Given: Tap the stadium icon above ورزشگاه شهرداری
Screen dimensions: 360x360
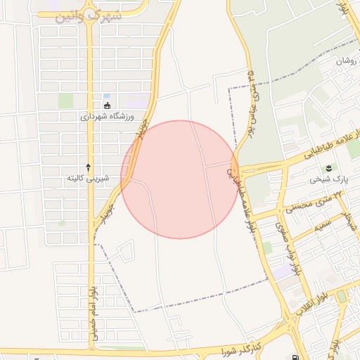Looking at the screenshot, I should (x=108, y=105).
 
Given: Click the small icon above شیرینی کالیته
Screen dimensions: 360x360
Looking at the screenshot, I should (x=88, y=167).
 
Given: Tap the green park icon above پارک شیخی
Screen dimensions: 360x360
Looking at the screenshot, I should (x=327, y=167).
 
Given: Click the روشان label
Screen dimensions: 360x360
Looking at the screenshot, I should (x=347, y=61).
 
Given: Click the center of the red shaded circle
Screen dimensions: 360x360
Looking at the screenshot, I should (x=179, y=179).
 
